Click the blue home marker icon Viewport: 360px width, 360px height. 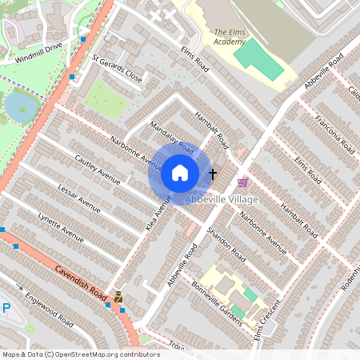[x=180, y=173]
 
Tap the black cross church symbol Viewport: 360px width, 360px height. [x=213, y=173]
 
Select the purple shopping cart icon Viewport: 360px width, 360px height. [x=242, y=182]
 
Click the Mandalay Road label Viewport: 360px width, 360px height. [x=172, y=136]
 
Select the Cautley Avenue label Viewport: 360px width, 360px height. [x=98, y=169]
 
